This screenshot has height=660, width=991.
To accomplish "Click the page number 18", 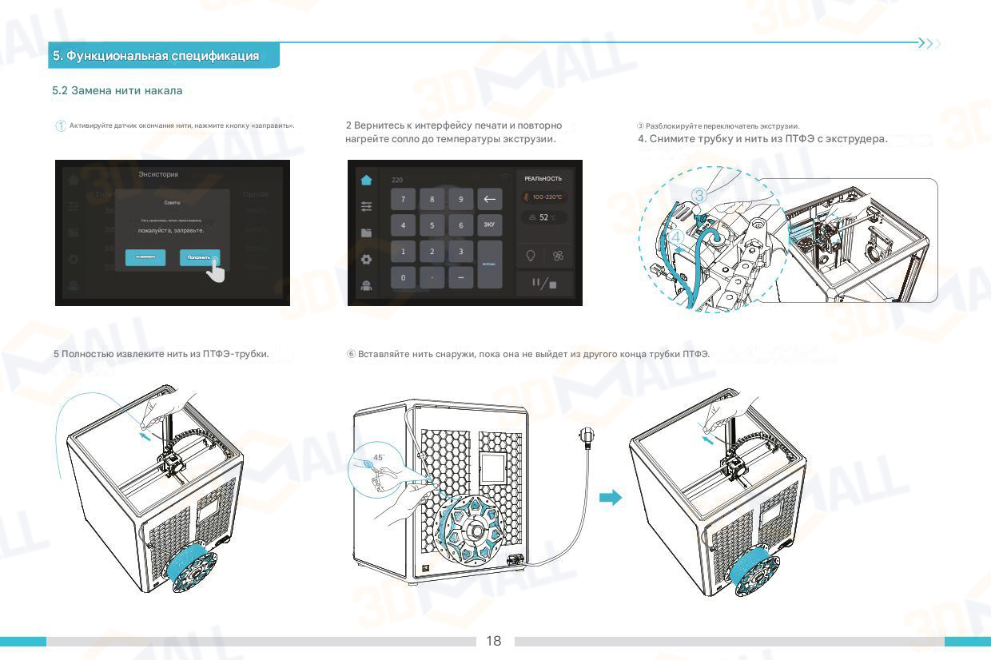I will click(x=494, y=641).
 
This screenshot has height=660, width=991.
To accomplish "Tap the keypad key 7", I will click(x=403, y=200).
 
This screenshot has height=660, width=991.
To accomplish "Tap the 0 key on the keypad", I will click(x=403, y=277).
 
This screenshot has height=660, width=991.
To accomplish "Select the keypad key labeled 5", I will click(x=432, y=225).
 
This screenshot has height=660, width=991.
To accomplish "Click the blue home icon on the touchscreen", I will click(x=366, y=181).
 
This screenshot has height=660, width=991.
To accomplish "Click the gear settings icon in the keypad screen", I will click(x=366, y=260).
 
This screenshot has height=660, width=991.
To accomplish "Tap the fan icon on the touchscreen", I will click(x=558, y=256).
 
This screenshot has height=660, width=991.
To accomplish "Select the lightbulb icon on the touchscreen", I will click(x=530, y=256).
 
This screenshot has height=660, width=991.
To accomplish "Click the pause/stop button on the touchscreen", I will click(x=544, y=283).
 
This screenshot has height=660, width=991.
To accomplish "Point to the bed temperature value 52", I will click(x=543, y=217).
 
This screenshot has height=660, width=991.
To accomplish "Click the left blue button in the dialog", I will click(x=145, y=257).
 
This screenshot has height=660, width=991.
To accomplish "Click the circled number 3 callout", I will click(x=698, y=195).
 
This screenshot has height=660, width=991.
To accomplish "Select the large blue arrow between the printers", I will click(x=611, y=498).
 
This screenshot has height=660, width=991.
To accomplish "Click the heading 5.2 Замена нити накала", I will click(x=117, y=90).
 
